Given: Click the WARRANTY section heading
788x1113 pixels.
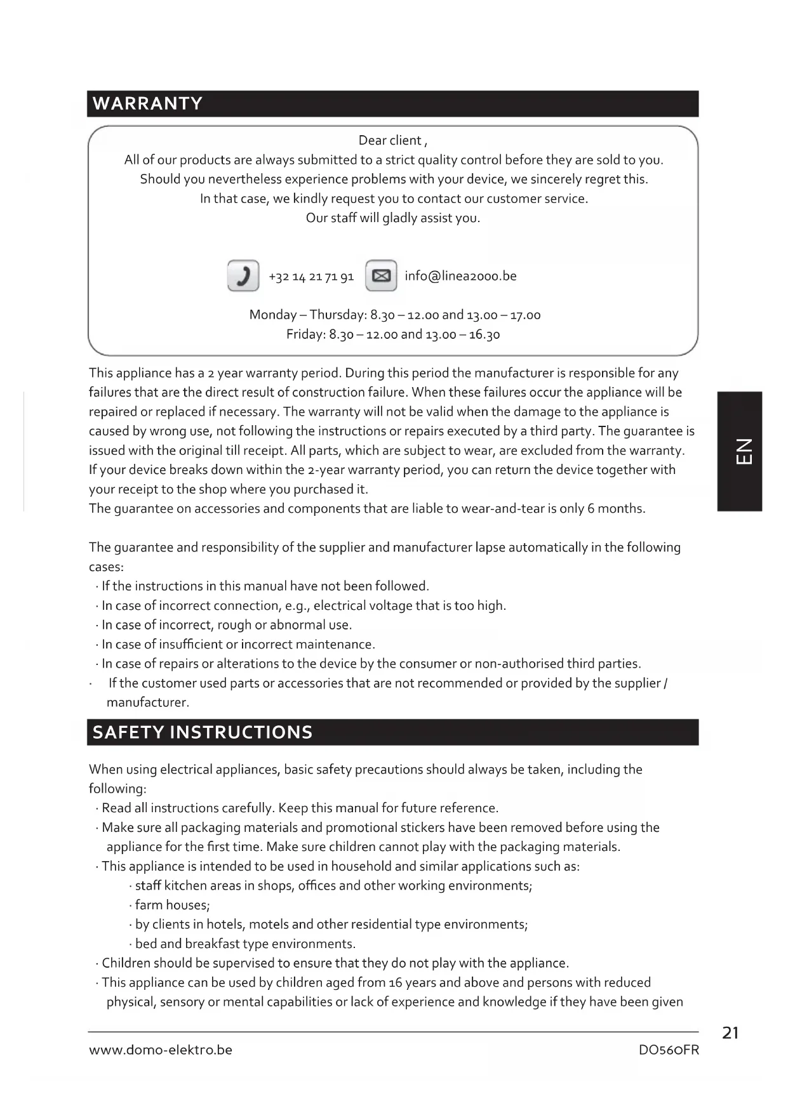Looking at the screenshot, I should (147, 103).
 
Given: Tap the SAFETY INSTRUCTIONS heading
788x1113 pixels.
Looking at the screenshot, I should (203, 732).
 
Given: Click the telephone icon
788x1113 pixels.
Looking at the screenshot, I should (243, 276).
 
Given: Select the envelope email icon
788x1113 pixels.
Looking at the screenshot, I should (381, 276).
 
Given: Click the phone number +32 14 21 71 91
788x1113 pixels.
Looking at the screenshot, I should (311, 277).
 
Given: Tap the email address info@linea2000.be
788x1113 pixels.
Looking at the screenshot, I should (460, 276).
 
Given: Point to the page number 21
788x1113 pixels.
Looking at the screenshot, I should (730, 1033).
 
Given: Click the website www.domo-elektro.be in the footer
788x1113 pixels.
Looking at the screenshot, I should (161, 1050).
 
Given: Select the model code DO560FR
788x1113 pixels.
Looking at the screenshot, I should (669, 1050).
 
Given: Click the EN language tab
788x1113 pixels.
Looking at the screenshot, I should (740, 451).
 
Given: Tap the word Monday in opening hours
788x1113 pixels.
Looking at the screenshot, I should (272, 315).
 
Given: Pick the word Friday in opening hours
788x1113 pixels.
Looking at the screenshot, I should (305, 334).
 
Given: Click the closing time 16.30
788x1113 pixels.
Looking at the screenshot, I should (484, 334).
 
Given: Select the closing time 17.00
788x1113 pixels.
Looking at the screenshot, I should (525, 315).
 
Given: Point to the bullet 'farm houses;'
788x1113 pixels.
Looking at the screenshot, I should (172, 905).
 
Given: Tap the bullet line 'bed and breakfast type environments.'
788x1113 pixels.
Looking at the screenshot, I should (245, 944).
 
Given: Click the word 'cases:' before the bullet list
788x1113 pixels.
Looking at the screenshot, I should (106, 567).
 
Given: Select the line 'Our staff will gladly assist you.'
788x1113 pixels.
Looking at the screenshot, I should (393, 218).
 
